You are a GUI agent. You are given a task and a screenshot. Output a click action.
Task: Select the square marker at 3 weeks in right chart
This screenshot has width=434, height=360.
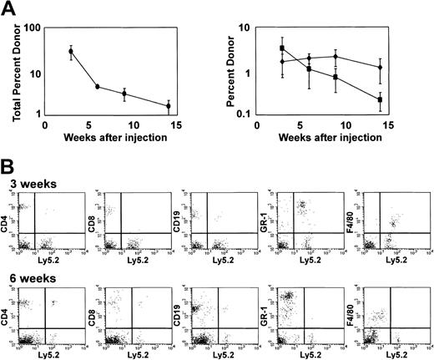pos(282,48)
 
